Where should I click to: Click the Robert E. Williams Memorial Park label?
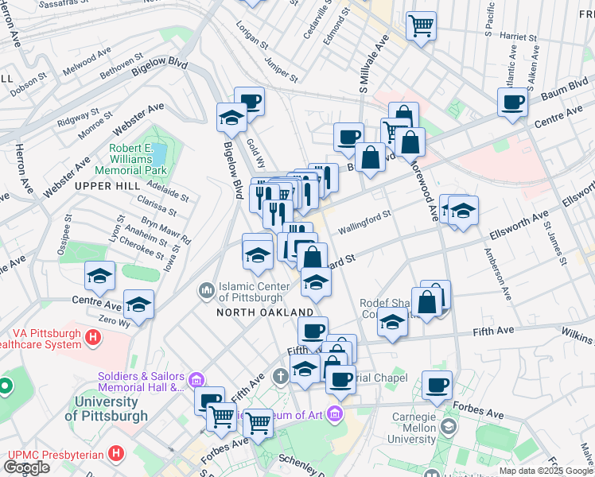130,159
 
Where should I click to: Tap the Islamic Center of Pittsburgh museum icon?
207,290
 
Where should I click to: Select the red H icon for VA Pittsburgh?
94,338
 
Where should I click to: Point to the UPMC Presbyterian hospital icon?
117,454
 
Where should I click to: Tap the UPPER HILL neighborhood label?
101,185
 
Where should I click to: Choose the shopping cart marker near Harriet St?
421,25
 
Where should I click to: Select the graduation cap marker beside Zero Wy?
138,304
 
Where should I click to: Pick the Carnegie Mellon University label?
412,428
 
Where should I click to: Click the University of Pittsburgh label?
106,409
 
